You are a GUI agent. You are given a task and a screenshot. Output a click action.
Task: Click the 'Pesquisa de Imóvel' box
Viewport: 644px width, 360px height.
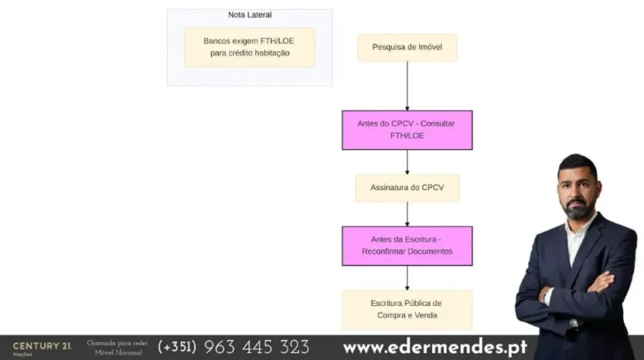coord(406,47)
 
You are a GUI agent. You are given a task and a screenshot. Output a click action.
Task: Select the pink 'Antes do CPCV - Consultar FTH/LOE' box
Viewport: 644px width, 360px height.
coord(406,130)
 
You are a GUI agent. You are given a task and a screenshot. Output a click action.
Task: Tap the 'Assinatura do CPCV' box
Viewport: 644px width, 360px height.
coord(406,188)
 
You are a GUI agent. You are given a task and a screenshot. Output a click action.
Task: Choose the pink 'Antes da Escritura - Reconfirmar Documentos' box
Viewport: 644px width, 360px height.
coord(406,246)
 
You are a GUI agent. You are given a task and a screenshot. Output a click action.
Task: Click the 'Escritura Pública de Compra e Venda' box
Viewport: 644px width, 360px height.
coord(406,309)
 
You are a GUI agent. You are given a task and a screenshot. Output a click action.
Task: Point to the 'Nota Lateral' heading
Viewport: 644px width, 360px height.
coord(250,15)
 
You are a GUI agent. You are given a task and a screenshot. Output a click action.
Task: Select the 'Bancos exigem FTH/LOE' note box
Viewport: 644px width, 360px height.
coord(250,47)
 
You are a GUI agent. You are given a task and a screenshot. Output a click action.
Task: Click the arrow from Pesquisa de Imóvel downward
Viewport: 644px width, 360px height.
coord(407,86)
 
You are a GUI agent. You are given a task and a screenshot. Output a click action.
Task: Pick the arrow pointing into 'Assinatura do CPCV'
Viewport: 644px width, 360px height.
coord(407,162)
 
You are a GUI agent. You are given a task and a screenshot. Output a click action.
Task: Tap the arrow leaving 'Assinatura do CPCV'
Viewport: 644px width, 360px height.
coord(407,214)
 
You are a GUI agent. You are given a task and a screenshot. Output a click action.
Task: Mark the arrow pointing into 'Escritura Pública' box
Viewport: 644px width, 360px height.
coord(407,278)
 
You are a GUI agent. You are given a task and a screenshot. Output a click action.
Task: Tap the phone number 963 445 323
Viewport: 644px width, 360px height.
coord(257,347)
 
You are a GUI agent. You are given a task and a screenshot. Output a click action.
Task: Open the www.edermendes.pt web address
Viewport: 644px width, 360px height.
coord(435,347)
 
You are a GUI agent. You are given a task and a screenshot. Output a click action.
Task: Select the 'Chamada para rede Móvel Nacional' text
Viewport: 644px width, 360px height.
coord(117,348)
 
